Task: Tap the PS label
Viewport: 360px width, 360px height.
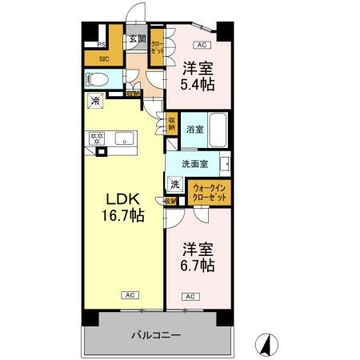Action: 102,45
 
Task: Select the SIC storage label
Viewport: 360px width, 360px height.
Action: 104,58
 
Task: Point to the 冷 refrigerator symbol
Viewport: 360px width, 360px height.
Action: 95,102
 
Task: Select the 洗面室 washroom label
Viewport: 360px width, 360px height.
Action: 194,164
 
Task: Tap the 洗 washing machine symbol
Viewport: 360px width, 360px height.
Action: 174,184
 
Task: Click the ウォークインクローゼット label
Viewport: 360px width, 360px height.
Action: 210,192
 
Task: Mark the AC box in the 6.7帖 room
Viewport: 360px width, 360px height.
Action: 190,297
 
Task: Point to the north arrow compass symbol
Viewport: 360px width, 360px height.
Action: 266,345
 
